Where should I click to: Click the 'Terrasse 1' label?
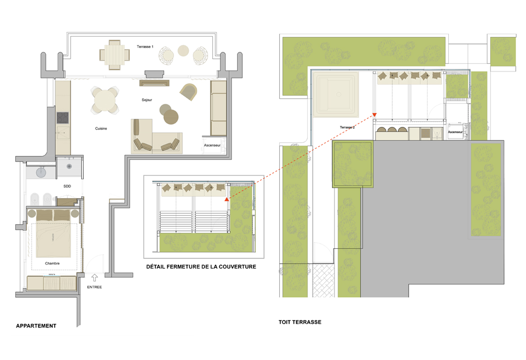145,47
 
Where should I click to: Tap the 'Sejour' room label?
147,100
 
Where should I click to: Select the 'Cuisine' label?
101,128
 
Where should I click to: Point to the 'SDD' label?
67,186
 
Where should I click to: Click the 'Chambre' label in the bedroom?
52,263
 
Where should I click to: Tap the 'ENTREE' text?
94,287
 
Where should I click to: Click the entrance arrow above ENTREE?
94,277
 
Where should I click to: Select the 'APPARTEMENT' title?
36,326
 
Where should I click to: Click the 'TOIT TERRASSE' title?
300,322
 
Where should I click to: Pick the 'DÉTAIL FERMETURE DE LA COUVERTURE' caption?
201,267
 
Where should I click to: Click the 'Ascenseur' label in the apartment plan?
212,145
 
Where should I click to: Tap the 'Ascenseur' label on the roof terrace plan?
455,132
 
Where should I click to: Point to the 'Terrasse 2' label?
347,127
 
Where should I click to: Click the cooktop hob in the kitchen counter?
63,118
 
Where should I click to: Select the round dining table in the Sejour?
105,100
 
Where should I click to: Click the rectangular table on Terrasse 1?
114,55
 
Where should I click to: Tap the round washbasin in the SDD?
41,172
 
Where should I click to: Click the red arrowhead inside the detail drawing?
227,199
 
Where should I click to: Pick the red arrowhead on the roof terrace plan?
374,115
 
